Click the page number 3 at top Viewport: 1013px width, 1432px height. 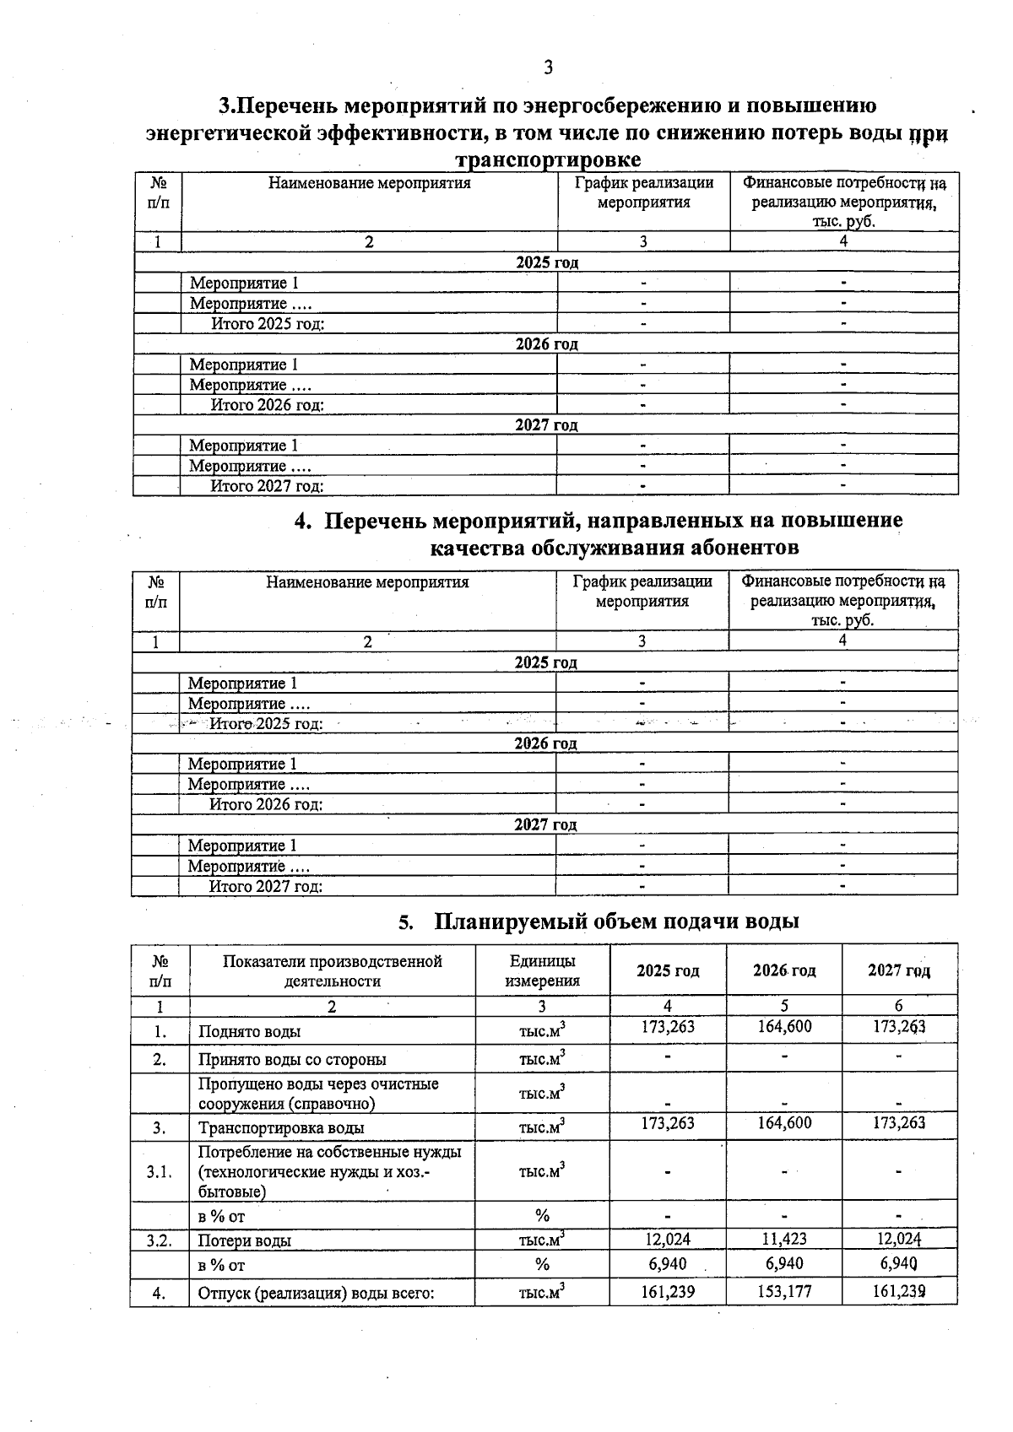click(548, 68)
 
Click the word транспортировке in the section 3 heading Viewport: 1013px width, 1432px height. click(547, 159)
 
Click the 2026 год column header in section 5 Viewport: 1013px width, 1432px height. click(784, 970)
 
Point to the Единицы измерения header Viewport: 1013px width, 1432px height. click(542, 970)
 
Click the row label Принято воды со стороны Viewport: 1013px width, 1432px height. click(292, 1059)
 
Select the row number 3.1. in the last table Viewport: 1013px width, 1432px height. click(159, 1171)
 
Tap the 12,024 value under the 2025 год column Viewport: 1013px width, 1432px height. click(667, 1239)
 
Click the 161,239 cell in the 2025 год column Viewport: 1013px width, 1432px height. click(667, 1291)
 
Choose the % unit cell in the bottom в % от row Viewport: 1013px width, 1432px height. click(542, 1264)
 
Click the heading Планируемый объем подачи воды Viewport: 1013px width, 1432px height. click(616, 921)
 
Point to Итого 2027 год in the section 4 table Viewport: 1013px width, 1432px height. click(266, 886)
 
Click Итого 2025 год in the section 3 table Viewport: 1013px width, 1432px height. click(268, 323)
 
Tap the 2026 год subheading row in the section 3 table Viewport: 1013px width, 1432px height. click(547, 343)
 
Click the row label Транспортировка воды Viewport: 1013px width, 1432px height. click(281, 1128)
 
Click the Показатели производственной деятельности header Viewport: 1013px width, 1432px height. click(332, 970)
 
